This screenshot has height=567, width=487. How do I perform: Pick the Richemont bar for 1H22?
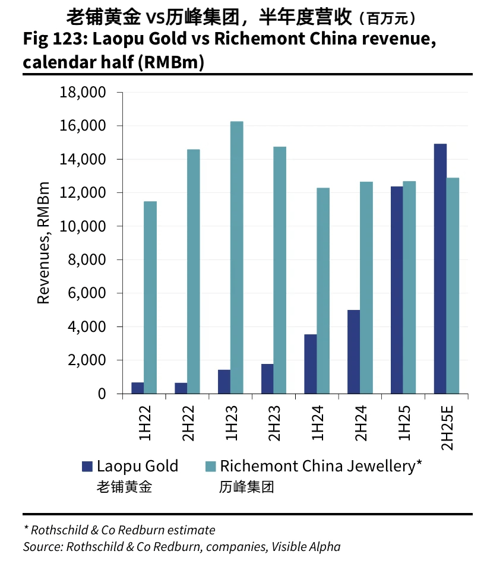click(150, 297)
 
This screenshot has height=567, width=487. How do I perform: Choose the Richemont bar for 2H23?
click(280, 270)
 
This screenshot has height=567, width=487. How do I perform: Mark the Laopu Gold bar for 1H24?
click(310, 363)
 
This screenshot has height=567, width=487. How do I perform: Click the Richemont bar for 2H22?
click(194, 271)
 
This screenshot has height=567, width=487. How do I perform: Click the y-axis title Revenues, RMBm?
click(43, 243)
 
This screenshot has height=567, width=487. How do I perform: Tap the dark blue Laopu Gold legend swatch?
click(87, 467)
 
